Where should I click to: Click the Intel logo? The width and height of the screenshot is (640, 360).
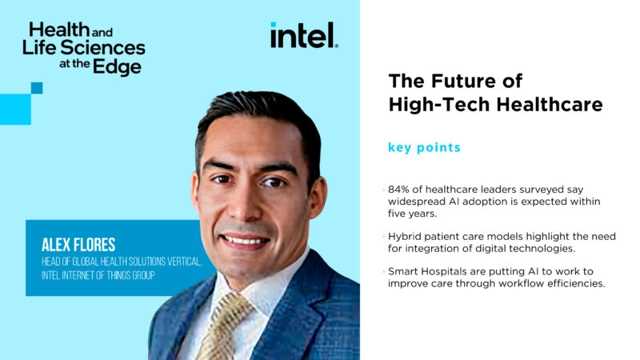tap(304, 36)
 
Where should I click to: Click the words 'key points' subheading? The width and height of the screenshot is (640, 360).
tap(424, 148)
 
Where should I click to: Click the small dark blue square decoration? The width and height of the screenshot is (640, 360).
tap(37, 88)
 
